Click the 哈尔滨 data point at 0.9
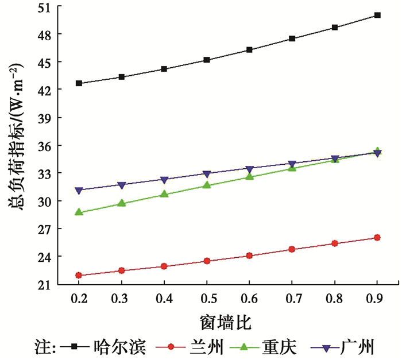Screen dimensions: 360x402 coord(377,15)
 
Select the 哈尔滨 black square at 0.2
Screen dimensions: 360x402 coord(79,83)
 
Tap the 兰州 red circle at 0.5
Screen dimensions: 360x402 coord(207,261)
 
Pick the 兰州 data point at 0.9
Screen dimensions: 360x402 coord(377,238)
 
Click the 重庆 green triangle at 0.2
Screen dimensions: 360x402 coord(79,212)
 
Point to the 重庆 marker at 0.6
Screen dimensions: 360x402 coord(249,176)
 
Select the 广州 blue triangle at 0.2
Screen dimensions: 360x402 coord(79,190)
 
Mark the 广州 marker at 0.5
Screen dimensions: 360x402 coord(207,174)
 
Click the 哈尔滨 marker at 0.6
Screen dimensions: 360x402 coord(249,50)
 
